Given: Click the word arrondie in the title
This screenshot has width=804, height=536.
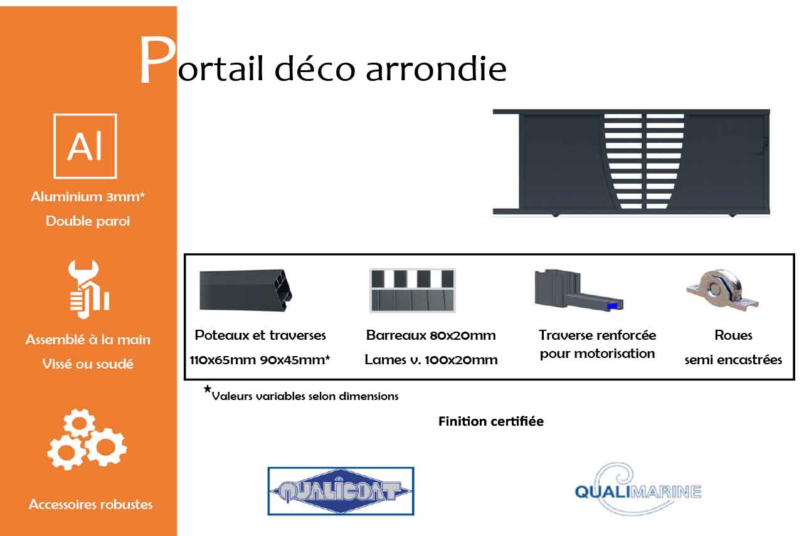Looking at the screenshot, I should pos(436,68).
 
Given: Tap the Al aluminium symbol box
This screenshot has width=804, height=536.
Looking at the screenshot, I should pos(85,146).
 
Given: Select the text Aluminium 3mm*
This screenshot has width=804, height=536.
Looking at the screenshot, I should pos(88,197).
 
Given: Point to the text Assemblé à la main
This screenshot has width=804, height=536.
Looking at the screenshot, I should pos(88,340).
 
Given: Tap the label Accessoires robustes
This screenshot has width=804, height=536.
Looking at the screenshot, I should pos(90,504).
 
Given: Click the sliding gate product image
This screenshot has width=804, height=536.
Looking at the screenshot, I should pos(631,163).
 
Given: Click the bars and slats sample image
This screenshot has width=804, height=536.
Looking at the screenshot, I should pos(413,290).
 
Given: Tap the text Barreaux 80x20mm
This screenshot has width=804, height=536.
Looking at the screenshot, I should pos(431,335).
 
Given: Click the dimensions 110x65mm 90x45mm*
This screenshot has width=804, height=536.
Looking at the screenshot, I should pos(260,360).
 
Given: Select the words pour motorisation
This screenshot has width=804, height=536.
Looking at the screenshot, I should pos(597,354).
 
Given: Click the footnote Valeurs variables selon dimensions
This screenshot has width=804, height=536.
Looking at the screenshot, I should pos(305,396).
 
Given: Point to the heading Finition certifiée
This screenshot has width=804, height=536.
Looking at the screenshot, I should pos(490,421).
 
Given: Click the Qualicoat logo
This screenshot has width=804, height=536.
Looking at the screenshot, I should pos(341,491).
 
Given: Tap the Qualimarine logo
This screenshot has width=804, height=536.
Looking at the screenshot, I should pos(637,489).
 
